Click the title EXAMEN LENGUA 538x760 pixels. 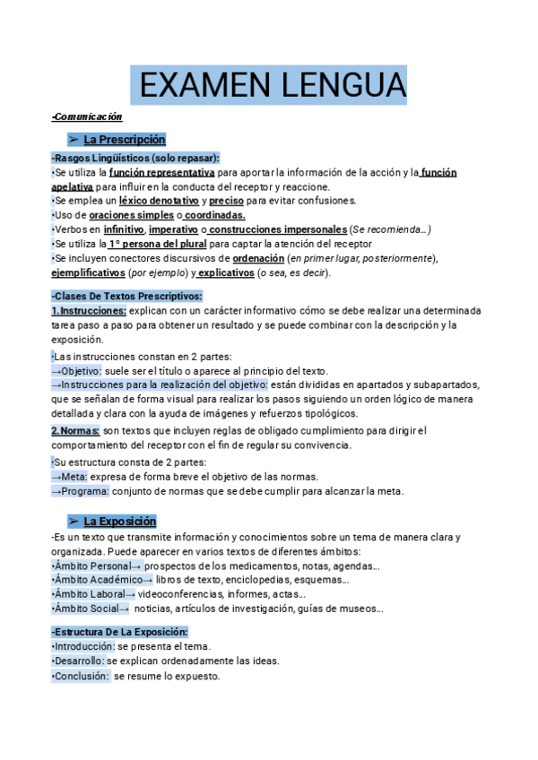[x=269, y=86]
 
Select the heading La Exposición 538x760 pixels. [x=119, y=521]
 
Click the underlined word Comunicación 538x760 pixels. [x=87, y=117]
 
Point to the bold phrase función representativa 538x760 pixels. [x=161, y=172]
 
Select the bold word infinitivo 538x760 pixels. [x=124, y=229]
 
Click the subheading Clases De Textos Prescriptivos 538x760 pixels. [x=127, y=296]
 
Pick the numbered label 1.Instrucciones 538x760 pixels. [x=89, y=310]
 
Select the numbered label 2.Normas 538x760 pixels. [x=75, y=430]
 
